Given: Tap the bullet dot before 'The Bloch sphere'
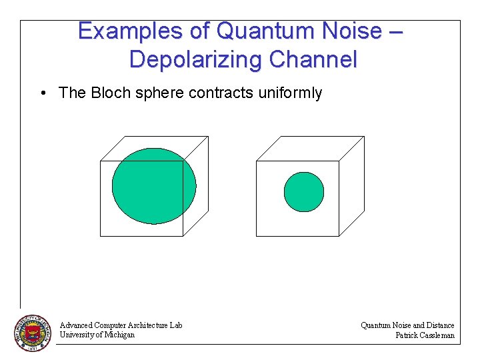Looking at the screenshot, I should tap(42, 93).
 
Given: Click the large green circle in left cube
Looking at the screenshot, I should tap(154, 186).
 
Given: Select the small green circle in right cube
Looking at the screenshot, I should tap(303, 192).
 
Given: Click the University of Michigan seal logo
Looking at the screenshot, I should tap(33, 333).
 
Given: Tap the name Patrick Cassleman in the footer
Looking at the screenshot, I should tap(425, 335).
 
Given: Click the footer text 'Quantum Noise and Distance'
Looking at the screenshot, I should tap(407, 325).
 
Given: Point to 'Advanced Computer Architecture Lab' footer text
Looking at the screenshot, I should tap(121, 325).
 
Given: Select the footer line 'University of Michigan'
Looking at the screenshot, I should tap(97, 335).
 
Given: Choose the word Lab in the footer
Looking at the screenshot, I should tap(175, 325).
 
